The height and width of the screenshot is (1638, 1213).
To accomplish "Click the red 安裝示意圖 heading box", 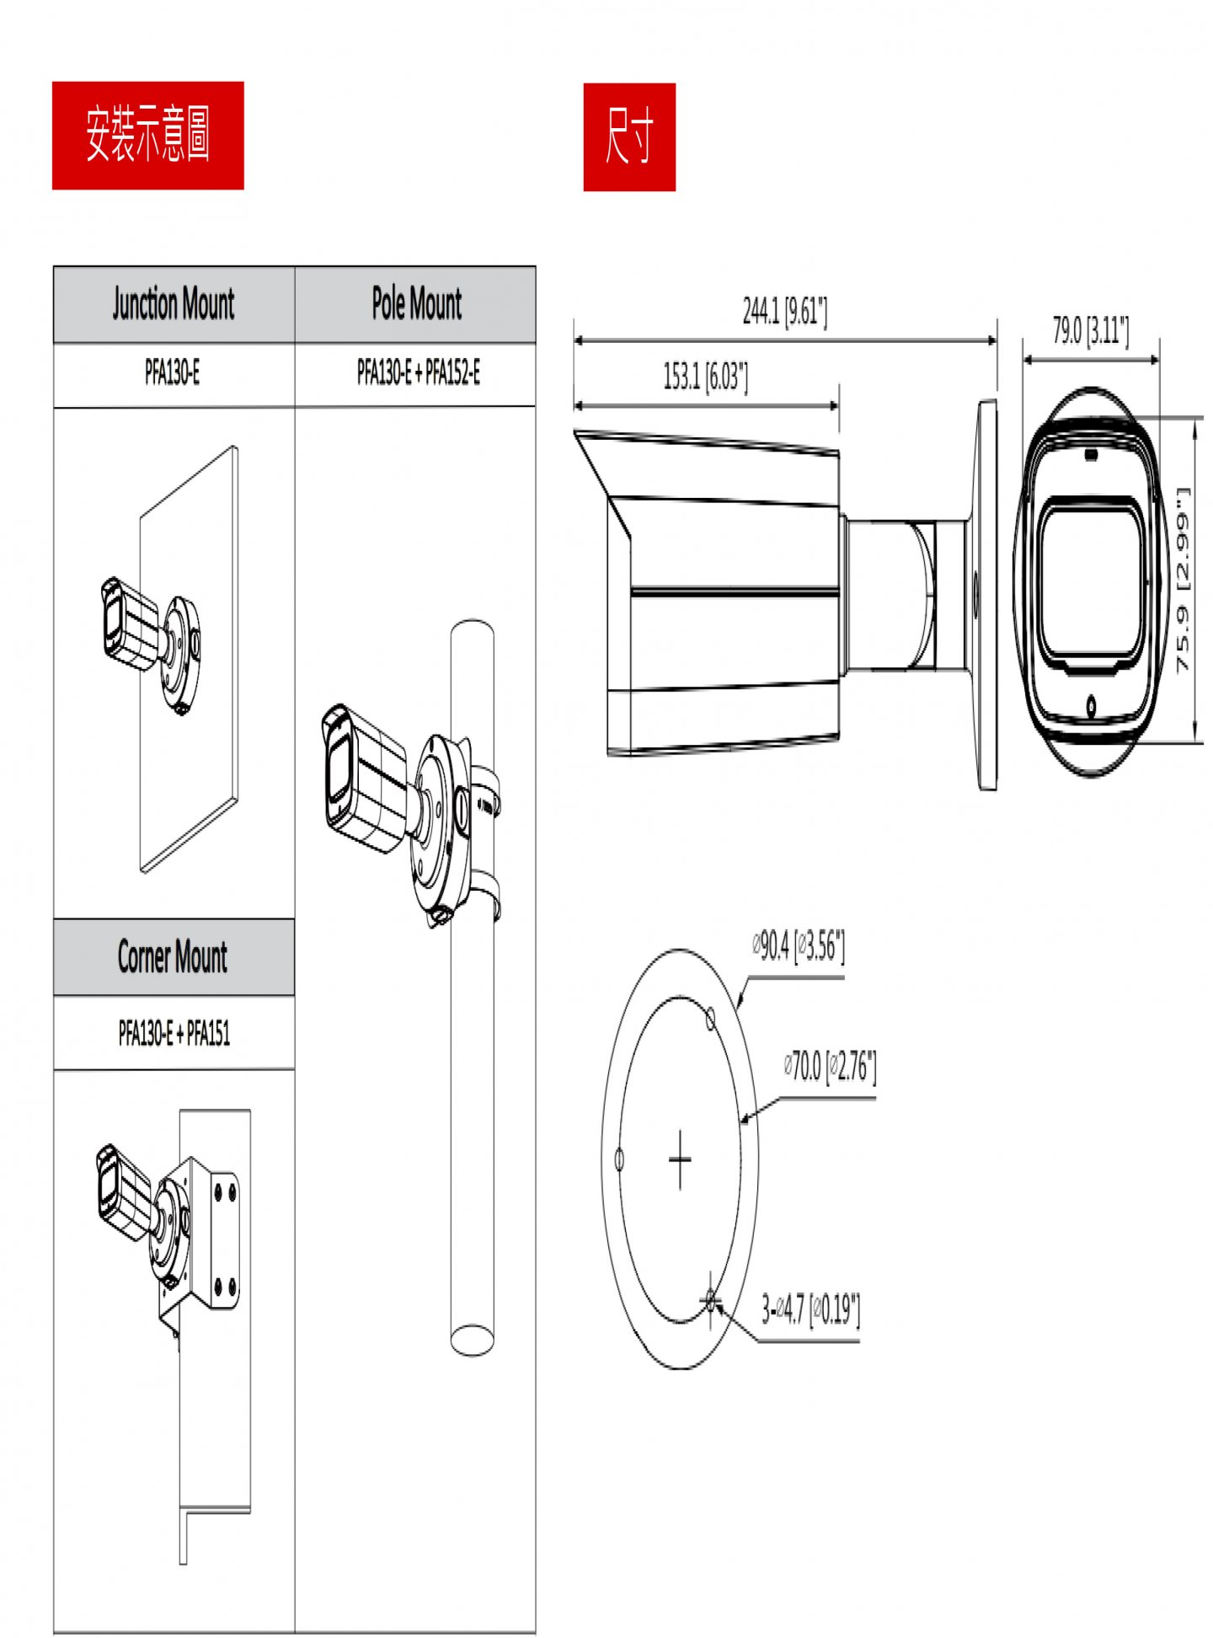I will click(x=147, y=135).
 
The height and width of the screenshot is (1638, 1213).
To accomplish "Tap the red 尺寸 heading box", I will click(x=628, y=136).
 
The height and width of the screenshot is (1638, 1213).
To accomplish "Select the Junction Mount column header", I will click(x=174, y=304).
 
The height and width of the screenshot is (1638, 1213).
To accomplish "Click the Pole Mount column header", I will click(x=416, y=304).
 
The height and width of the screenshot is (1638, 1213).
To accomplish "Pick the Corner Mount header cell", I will click(x=173, y=957).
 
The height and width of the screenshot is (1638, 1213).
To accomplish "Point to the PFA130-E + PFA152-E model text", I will click(x=418, y=372).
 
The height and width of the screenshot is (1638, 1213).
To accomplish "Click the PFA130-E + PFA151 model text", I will click(x=174, y=1032).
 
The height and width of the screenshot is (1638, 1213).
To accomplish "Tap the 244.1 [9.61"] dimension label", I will click(x=784, y=312).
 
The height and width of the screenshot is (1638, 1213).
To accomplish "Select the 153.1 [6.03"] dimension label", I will click(x=705, y=377).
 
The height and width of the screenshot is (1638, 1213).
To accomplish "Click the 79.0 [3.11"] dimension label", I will click(x=1090, y=330).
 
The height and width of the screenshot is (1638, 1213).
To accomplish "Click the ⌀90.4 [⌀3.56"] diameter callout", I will click(x=799, y=946).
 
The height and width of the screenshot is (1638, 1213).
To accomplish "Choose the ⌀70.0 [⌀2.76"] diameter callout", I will click(x=830, y=1067).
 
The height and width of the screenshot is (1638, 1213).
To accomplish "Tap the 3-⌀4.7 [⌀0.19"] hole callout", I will click(x=810, y=1309).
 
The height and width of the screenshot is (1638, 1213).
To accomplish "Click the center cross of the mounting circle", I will click(x=680, y=1159).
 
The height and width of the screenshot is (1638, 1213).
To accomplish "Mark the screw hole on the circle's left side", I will click(x=620, y=1159).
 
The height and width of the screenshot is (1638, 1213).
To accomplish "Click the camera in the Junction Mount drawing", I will click(x=131, y=624).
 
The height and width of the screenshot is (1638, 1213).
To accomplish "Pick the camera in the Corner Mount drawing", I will click(x=124, y=1193).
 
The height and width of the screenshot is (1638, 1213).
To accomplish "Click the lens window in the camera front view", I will click(x=1091, y=581).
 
